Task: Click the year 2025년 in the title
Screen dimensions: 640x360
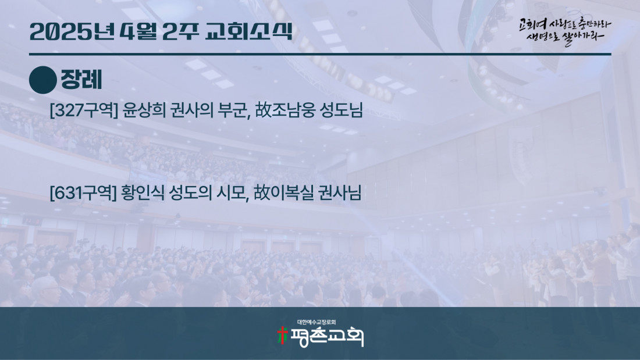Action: [72, 31]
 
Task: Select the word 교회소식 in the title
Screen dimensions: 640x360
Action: [249, 31]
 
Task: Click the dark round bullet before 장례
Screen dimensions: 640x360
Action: [43, 80]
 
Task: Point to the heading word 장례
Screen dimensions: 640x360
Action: [81, 80]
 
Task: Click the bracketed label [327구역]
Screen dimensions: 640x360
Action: [84, 110]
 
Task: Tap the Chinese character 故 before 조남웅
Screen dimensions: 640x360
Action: [264, 110]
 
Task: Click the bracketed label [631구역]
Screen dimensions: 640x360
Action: [83, 193]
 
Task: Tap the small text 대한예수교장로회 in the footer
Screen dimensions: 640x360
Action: [317, 322]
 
